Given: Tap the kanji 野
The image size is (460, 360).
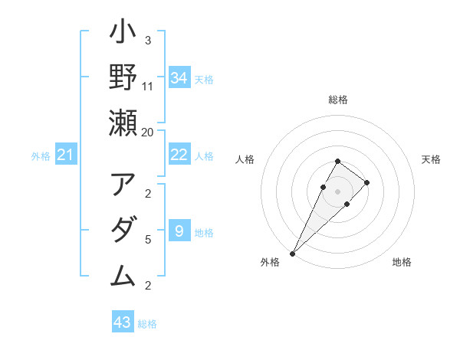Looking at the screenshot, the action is point(123,77).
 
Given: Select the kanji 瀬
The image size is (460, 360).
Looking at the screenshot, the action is point(123,123).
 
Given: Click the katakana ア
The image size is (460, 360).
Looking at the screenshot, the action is point(123,185).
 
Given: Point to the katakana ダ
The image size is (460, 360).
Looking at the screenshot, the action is point(123,231).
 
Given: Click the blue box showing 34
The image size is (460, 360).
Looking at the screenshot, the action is point(179,77).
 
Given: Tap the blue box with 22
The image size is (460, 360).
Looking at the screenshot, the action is point(179,155).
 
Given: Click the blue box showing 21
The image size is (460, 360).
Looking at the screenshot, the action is point(67,155).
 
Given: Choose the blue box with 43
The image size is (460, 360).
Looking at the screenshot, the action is point(123,322).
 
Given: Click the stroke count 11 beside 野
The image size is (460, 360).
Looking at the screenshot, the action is point(148,87).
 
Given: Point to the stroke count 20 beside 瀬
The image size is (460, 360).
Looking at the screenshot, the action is point(148,132).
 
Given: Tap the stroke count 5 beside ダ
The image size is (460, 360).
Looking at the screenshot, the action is point(148,240).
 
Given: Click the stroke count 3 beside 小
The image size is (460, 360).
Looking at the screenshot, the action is point(148,41).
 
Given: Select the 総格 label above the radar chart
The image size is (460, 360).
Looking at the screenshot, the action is point(338,100).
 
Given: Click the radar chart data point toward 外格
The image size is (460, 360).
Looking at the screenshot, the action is point(293,253).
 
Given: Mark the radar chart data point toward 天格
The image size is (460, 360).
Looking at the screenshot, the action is point(367,182).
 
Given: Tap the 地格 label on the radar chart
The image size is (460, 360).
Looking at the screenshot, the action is point(402,263).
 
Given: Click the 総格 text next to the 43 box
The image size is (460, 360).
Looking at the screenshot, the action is point(147,324).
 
